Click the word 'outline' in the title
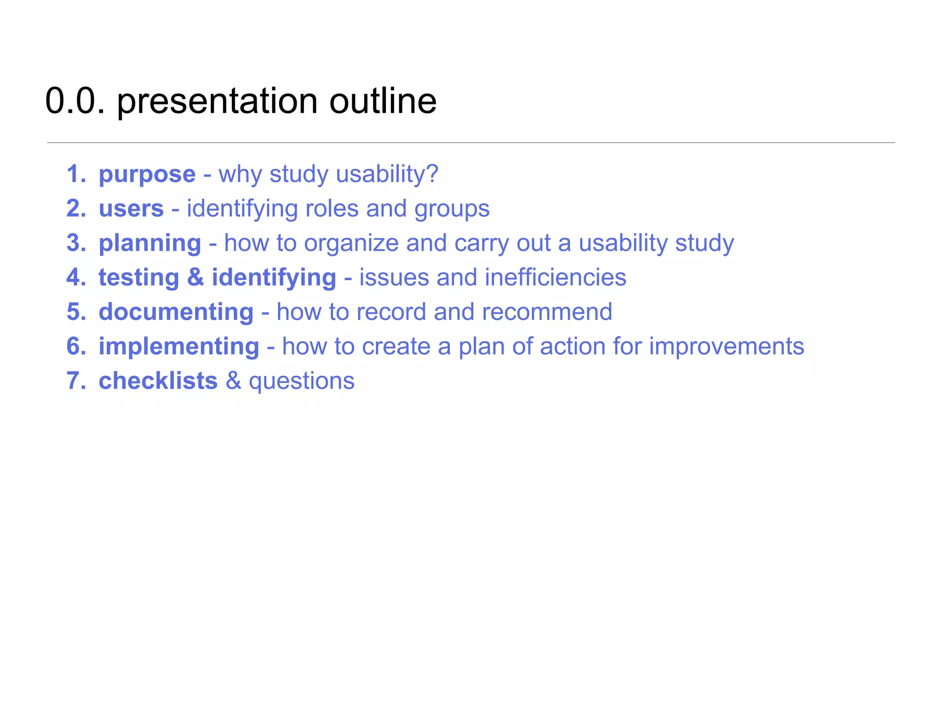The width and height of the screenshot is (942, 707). point(383,101)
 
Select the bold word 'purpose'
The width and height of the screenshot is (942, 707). point(147,174)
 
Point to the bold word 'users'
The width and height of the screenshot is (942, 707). point(131,209)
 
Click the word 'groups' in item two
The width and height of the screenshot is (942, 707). point(452,209)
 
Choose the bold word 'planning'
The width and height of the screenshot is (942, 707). point(150,243)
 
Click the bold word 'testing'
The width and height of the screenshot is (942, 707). point(138,278)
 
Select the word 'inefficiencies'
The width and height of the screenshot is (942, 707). point(555,278)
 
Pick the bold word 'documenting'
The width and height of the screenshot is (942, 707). point(176,312)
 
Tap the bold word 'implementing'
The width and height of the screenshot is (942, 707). point(179,347)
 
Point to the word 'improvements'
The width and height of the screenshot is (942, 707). point(726,347)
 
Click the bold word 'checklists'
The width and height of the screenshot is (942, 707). point(158,381)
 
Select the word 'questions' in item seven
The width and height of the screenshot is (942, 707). point(302,382)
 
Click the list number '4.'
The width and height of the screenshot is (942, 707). point(76,278)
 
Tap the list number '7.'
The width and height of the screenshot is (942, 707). point(76,381)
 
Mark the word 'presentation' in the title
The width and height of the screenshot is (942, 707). point(217,102)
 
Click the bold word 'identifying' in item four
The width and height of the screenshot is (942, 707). point(274,278)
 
